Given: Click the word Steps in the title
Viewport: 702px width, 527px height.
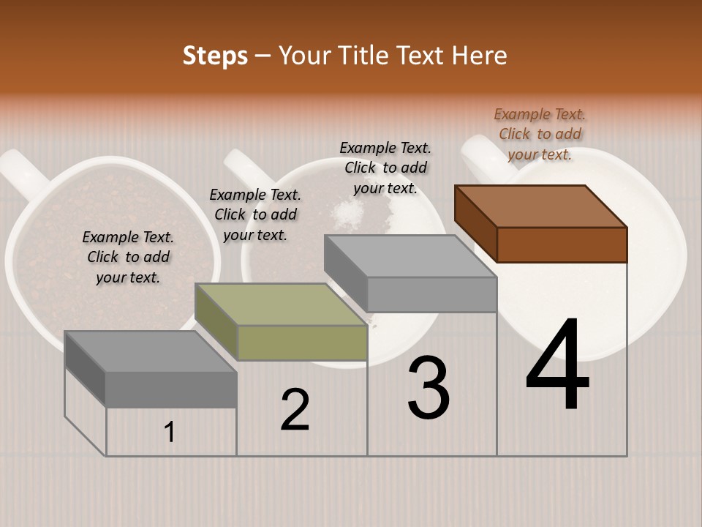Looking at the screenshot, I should [215, 56].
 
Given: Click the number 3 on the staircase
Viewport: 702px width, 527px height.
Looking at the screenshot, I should [429, 389].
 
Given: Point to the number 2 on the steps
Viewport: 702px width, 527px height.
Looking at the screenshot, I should [295, 410].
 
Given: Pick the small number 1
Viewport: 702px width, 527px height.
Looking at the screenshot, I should [170, 433].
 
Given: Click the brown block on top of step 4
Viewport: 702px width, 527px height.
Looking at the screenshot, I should [541, 223].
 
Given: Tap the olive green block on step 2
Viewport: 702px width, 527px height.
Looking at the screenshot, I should [282, 322].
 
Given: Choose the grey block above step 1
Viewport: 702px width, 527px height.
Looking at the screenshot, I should [151, 370].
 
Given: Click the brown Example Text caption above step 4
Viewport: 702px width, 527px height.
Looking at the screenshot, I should [540, 134].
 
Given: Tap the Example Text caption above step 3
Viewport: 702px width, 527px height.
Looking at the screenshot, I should [385, 168].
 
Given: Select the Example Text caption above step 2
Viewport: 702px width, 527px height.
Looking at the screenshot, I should [255, 214].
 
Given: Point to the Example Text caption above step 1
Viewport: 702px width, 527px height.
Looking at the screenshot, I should [128, 257].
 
